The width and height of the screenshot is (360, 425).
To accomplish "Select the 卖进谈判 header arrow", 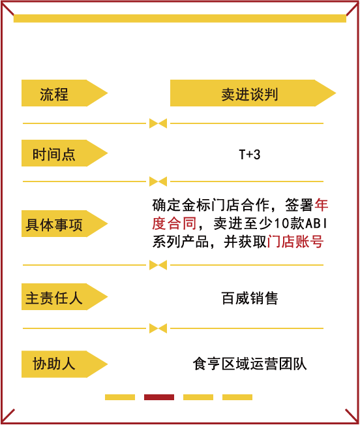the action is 253,93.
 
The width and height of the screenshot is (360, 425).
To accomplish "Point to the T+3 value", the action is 250,155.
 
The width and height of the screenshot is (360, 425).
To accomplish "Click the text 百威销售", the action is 250,298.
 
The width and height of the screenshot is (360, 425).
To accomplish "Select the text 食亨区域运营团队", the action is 250,364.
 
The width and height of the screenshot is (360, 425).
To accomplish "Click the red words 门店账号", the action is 295,242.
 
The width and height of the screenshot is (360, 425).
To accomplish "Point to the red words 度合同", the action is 174,223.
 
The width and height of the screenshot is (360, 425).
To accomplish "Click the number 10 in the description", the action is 282,223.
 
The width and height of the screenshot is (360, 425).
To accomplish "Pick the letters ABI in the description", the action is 316,223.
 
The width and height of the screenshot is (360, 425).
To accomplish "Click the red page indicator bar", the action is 159,397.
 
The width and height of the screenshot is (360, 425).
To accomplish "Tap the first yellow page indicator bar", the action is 120,397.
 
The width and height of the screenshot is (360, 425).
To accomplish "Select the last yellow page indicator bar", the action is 237,397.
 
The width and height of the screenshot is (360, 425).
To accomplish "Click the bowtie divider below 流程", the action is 158,123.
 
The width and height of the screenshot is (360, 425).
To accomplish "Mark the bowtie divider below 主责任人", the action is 158,328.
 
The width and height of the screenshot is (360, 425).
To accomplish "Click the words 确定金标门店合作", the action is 211,205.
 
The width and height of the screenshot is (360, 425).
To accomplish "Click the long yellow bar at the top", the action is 180,18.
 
